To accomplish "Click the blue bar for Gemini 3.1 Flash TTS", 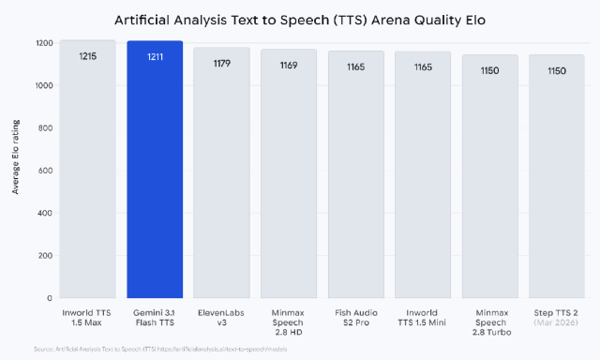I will pos(155,178).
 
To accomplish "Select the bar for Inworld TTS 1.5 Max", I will pos(88,178).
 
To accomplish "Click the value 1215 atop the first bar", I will pos(88,56).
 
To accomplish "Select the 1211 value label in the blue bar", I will pos(155,57).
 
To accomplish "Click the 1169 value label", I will pos(289,66).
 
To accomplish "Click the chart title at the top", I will pos(300,19).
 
